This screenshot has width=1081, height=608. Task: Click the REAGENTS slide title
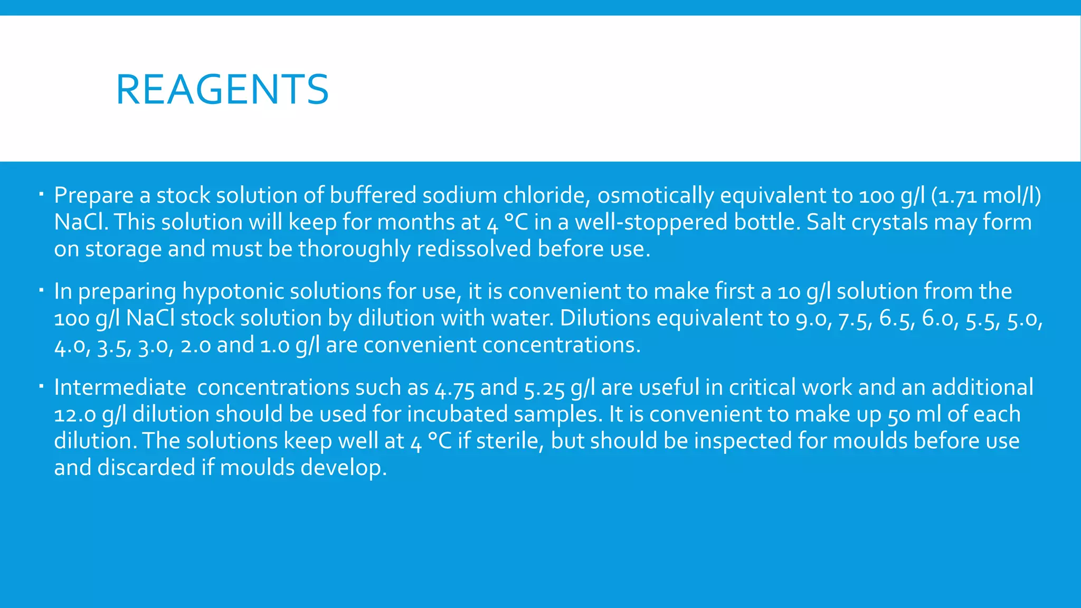pos(222,90)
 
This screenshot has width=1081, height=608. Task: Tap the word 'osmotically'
pos(655,196)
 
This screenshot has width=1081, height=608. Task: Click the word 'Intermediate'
pos(120,388)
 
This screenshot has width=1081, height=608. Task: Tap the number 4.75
pos(454,388)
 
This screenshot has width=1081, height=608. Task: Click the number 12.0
pos(75,415)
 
